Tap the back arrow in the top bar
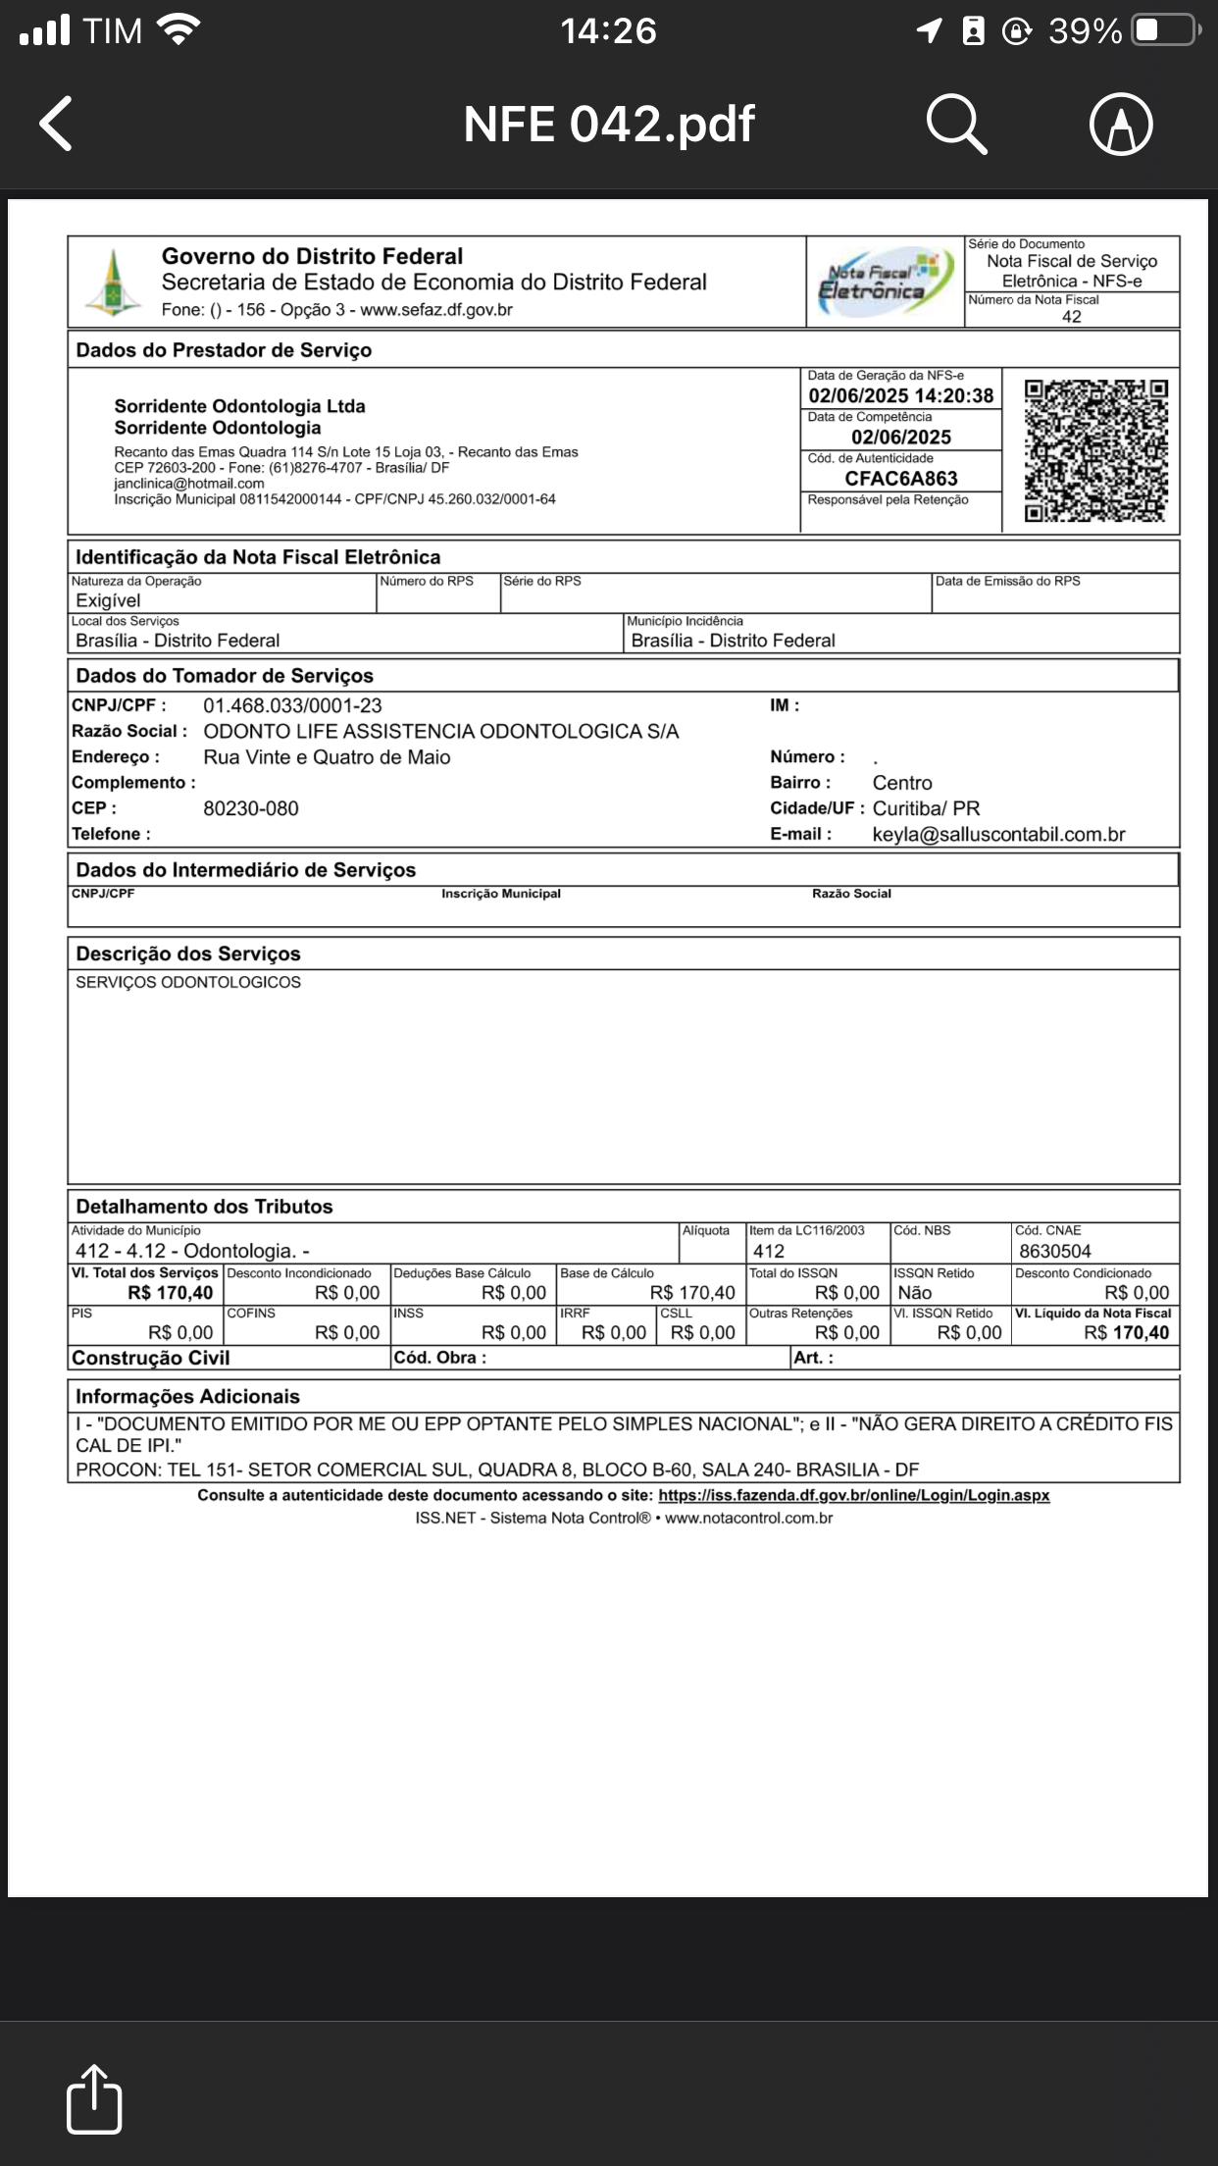point(57,124)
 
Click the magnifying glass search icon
point(956,125)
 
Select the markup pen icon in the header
point(1121,125)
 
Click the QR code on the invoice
point(1096,450)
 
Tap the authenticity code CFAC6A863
point(901,479)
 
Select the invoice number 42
point(1071,317)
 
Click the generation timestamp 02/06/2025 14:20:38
point(900,396)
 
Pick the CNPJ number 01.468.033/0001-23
point(292,705)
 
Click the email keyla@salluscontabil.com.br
point(998,835)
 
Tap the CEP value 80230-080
point(251,808)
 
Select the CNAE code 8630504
point(1054,1251)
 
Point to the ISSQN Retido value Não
point(915,1293)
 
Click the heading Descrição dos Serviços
point(188,954)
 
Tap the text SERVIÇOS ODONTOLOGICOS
point(188,982)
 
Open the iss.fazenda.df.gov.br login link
point(853,1495)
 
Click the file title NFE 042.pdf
point(609,125)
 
